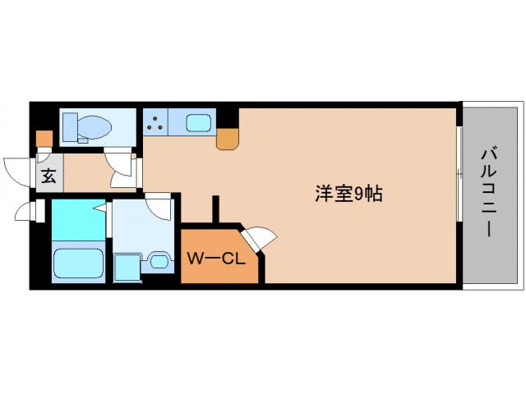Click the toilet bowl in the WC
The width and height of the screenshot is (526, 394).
(96, 127)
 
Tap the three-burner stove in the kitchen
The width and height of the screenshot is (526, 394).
(155, 123)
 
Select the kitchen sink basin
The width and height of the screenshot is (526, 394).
(197, 124)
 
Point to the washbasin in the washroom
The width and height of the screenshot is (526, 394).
(158, 262)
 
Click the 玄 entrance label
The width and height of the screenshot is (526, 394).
(48, 175)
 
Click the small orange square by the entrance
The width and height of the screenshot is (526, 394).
(44, 138)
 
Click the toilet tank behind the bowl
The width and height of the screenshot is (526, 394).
(70, 127)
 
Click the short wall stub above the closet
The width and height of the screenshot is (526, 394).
(216, 209)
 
